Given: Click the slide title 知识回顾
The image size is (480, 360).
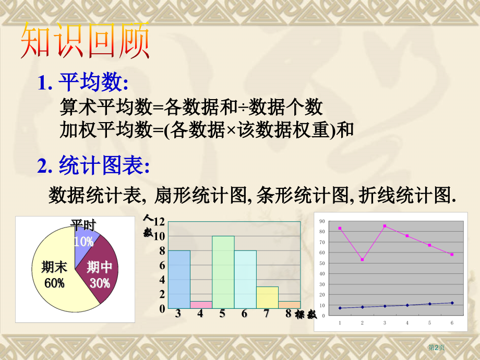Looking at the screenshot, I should [x=85, y=41].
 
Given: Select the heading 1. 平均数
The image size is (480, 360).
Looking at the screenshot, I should [x=82, y=83].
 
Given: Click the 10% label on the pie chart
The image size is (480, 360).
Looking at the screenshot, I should [x=83, y=242].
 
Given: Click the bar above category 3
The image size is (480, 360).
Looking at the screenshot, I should [x=179, y=279].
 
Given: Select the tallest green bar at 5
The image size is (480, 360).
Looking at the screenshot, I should [x=223, y=272].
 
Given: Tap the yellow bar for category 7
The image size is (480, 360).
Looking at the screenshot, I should [x=267, y=297].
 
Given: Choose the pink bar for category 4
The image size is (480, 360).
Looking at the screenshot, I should [x=201, y=305].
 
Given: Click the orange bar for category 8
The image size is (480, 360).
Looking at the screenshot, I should [x=289, y=305].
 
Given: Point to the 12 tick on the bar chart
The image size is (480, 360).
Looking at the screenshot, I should [x=159, y=222].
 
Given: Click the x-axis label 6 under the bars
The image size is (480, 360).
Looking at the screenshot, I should [x=245, y=314].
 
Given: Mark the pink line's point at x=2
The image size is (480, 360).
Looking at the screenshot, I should [x=362, y=259].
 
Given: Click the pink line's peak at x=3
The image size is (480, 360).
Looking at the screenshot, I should [x=385, y=226].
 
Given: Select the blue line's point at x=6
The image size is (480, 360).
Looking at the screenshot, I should [x=452, y=303].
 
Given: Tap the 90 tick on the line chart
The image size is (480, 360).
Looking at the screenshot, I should [x=323, y=221].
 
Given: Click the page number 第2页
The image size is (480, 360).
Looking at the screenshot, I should [x=436, y=347].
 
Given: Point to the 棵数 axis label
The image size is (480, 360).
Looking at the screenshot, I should [x=305, y=314].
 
